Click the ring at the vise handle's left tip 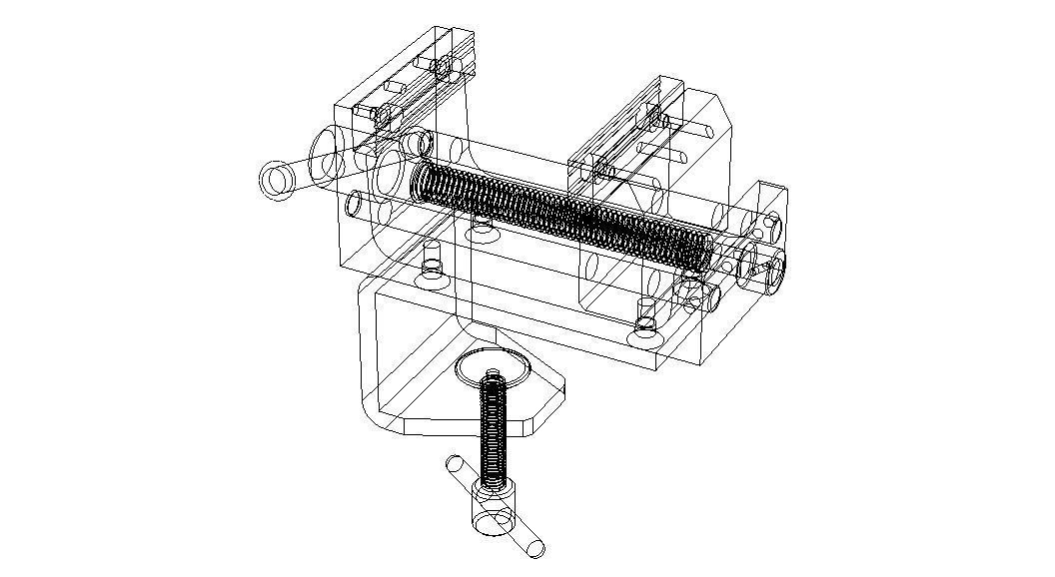(277, 180)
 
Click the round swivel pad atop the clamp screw (491, 368)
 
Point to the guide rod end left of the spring (355, 205)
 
